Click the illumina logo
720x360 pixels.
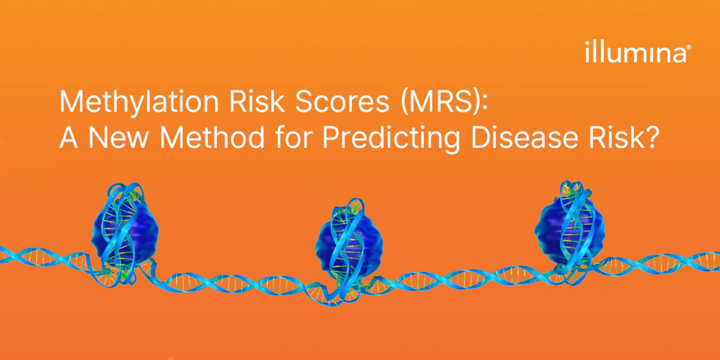pyautogui.click(x=637, y=51)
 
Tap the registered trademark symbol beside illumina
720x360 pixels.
pyautogui.click(x=688, y=47)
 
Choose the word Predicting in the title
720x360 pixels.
pyautogui.click(x=391, y=139)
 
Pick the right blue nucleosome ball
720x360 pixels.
pyautogui.click(x=569, y=229)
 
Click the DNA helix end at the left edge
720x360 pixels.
pyautogui.click(x=3, y=254)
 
